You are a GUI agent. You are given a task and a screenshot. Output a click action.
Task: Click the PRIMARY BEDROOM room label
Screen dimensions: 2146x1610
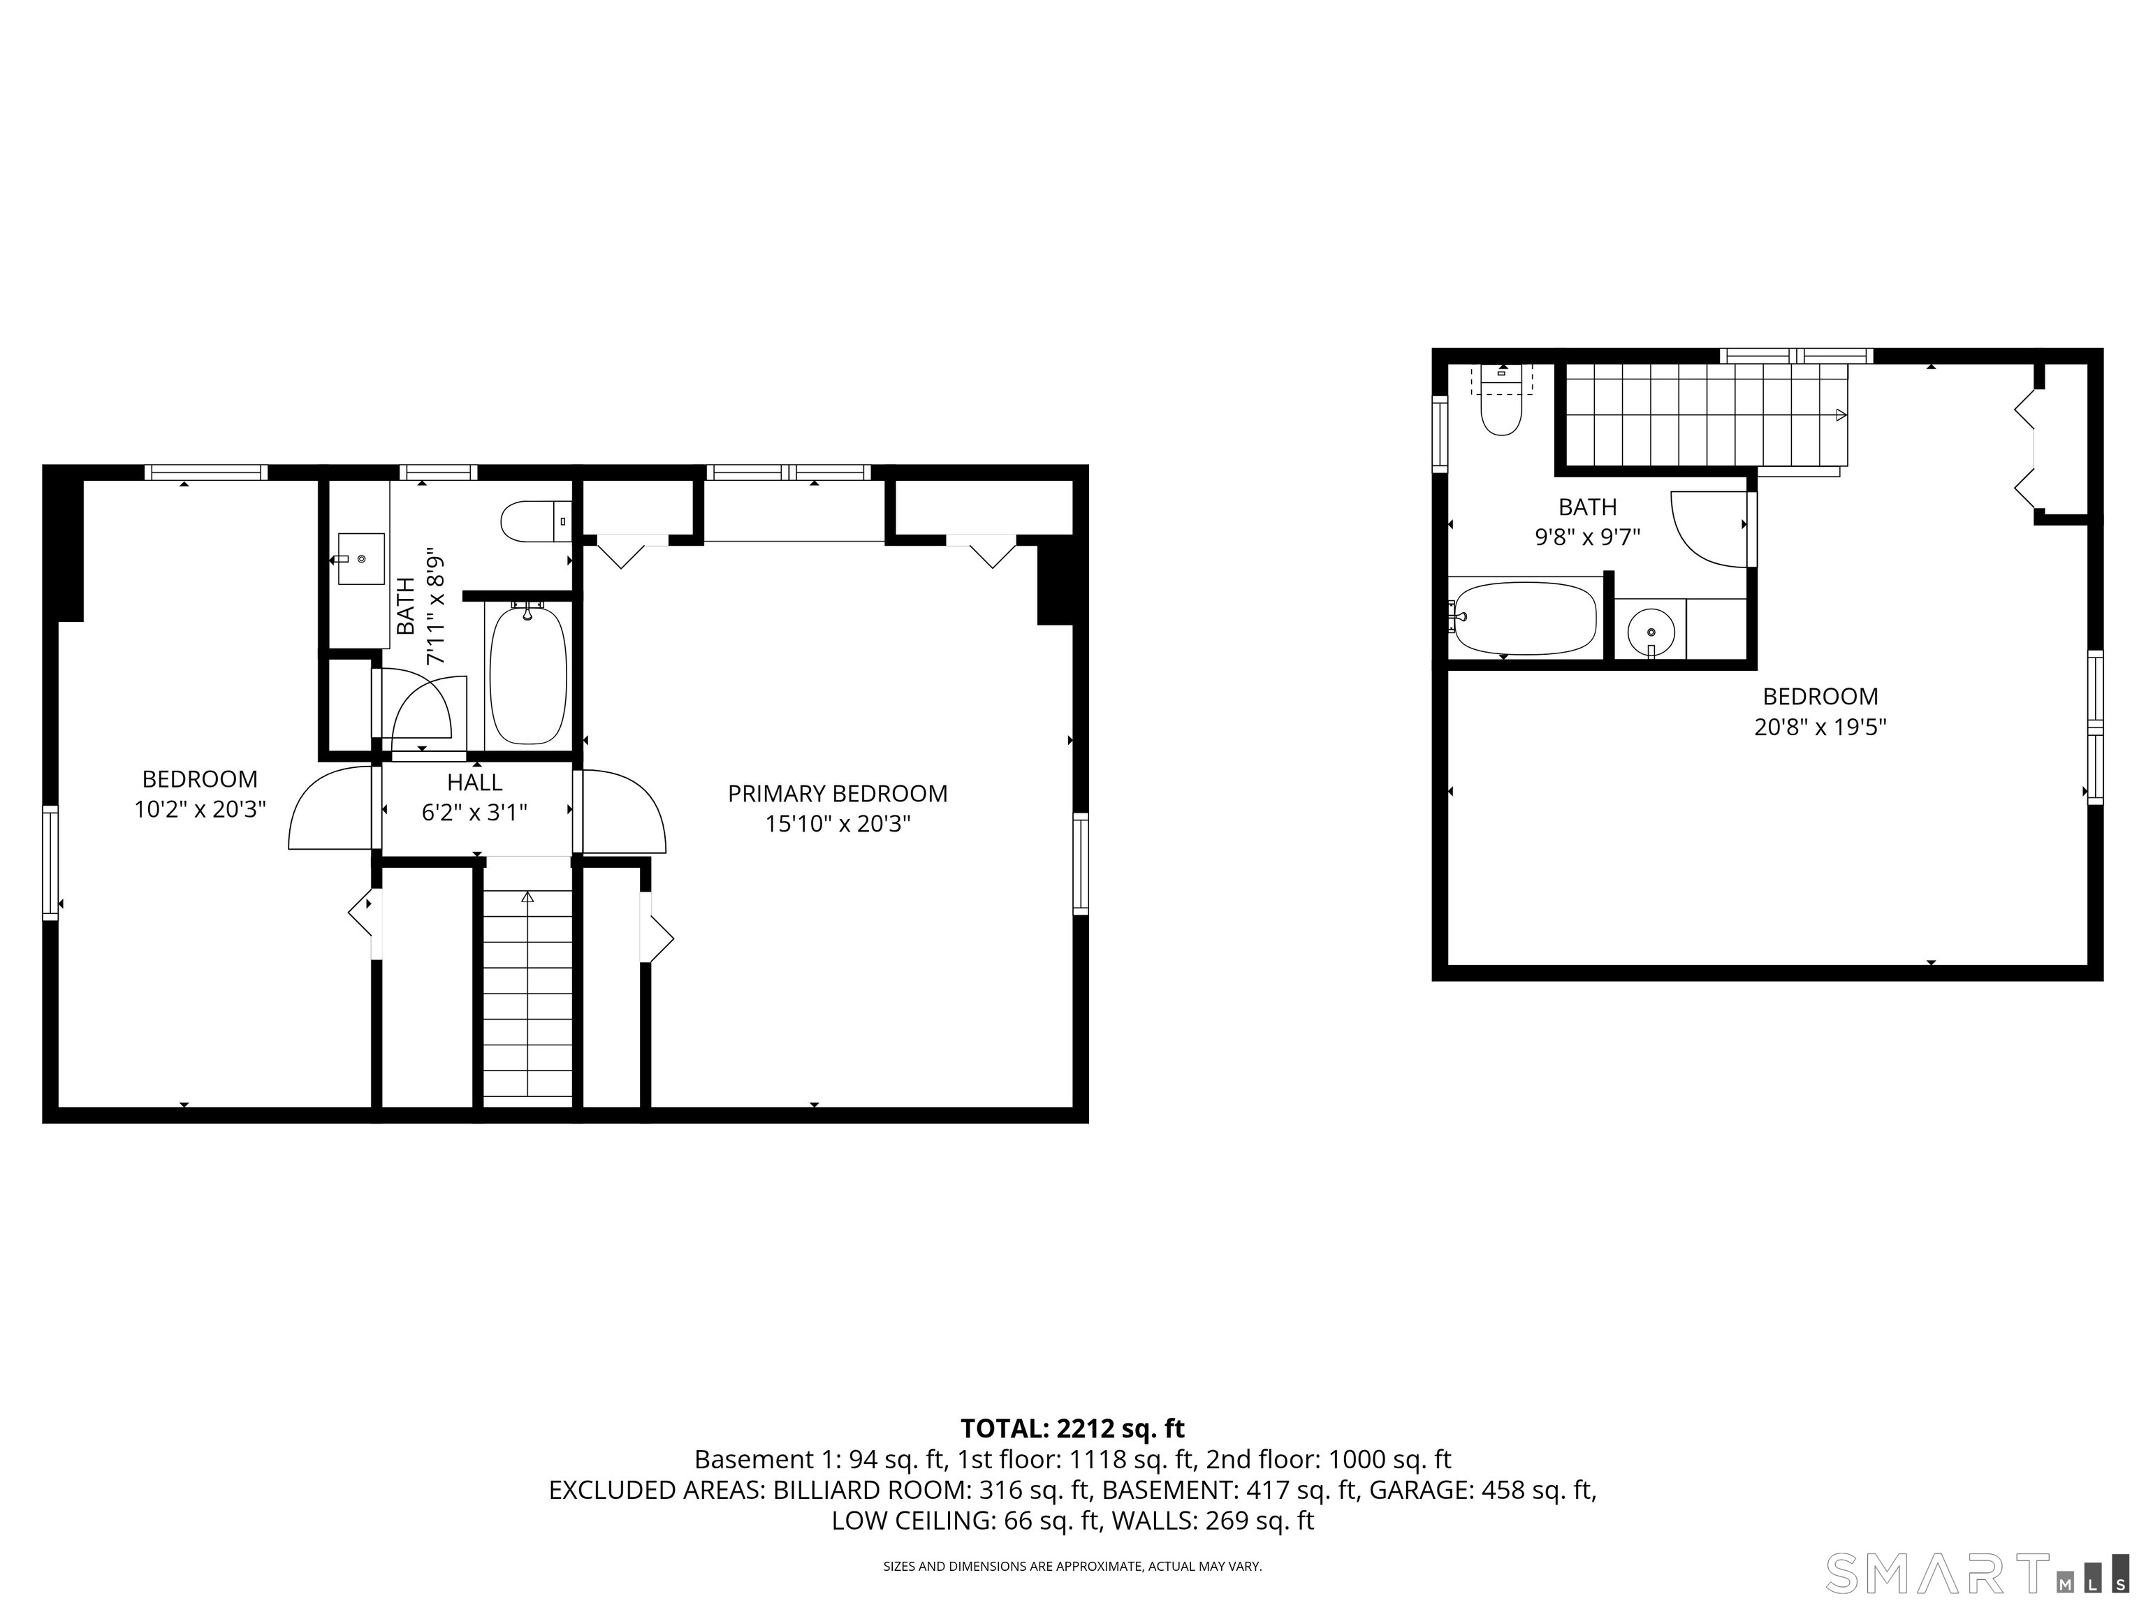point(838,794)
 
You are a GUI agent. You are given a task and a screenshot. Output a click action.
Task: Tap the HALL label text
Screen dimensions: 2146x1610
point(474,782)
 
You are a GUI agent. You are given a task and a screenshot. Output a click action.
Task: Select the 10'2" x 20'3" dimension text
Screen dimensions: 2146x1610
point(200,809)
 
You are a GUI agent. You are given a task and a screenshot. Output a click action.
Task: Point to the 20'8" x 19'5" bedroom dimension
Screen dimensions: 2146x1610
point(1820,727)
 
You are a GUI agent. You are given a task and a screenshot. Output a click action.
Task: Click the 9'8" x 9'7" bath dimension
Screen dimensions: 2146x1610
point(1587,537)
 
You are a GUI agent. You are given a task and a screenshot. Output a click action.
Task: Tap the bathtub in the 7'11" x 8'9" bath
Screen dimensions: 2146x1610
point(527,674)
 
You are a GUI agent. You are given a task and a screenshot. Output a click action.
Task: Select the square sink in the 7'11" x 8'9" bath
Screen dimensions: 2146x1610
point(361,559)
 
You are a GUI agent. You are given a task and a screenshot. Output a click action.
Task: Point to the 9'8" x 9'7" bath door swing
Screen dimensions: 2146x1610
point(1709,528)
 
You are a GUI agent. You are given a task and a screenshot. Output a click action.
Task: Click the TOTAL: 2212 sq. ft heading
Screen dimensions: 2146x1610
point(1072,1428)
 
